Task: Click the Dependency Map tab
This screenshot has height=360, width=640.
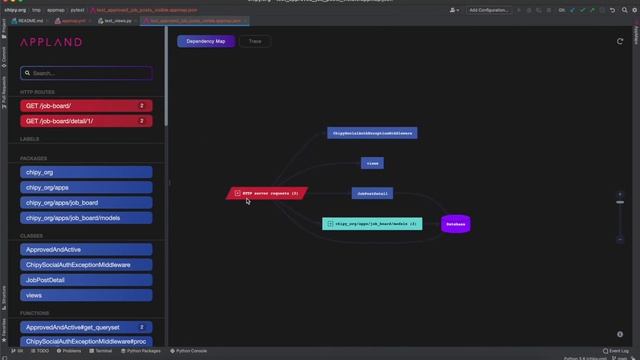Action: pos(206,42)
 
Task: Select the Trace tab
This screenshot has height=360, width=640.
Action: pos(255,42)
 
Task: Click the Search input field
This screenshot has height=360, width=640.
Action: pos(88,73)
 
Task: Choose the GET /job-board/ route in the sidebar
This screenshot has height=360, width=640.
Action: pos(86,105)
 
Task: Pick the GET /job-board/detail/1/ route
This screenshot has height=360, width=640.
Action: pos(86,121)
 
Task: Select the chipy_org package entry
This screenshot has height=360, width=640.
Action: pos(86,172)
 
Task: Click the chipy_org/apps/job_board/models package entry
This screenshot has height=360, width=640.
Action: pos(86,217)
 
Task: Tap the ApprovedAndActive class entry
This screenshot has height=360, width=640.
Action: pos(86,250)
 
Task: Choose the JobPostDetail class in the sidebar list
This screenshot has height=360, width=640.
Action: pos(86,280)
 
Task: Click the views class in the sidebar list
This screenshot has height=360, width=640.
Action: pos(86,296)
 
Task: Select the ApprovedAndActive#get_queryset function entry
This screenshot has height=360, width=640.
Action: pos(86,327)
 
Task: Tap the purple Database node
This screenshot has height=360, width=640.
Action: pos(455,224)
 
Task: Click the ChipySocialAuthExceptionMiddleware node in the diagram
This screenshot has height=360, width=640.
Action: pos(372,132)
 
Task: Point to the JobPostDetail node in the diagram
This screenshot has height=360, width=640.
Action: pos(372,193)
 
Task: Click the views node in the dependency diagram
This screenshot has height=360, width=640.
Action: pos(372,163)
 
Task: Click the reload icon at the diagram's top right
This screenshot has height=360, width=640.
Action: pos(620,42)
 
